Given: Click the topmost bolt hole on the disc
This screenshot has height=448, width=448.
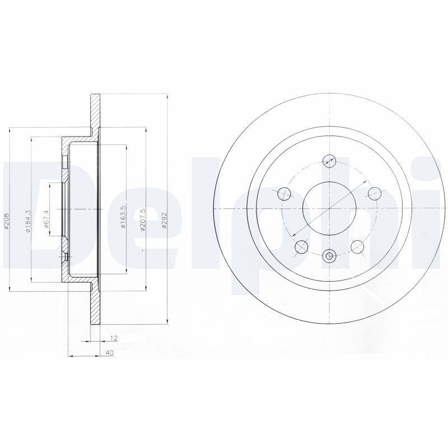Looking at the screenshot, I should [329, 158].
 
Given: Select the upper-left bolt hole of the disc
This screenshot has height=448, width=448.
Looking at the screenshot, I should [285, 193].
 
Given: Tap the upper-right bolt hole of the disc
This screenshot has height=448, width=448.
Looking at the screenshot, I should [374, 193].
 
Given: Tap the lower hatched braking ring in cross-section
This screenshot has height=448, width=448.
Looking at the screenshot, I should [95, 302].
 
